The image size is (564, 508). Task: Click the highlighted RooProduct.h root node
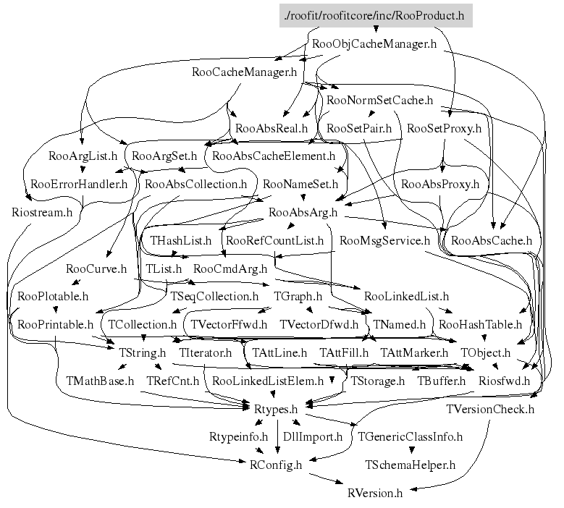coord(375,16)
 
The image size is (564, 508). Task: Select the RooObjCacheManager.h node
coord(374,43)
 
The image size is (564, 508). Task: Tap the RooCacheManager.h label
coord(245,72)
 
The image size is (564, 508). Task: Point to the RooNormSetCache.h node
coord(379,100)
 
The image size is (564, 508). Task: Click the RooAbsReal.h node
coord(272,128)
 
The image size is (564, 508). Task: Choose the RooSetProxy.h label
coord(444,128)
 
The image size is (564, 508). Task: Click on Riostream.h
coord(42,212)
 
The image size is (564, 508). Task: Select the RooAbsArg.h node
coord(303,212)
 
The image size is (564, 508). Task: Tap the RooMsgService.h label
coord(384,240)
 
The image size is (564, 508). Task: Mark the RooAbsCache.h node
coord(491,240)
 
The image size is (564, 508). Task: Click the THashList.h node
coord(181,240)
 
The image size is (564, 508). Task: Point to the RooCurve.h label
coord(96,268)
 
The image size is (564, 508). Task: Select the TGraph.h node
coord(298,296)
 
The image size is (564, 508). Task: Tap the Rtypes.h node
coord(274,409)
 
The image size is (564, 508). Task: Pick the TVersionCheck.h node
coord(489,409)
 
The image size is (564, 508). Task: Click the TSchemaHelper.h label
coord(410,465)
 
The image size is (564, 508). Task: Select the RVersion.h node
coord(374,493)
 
